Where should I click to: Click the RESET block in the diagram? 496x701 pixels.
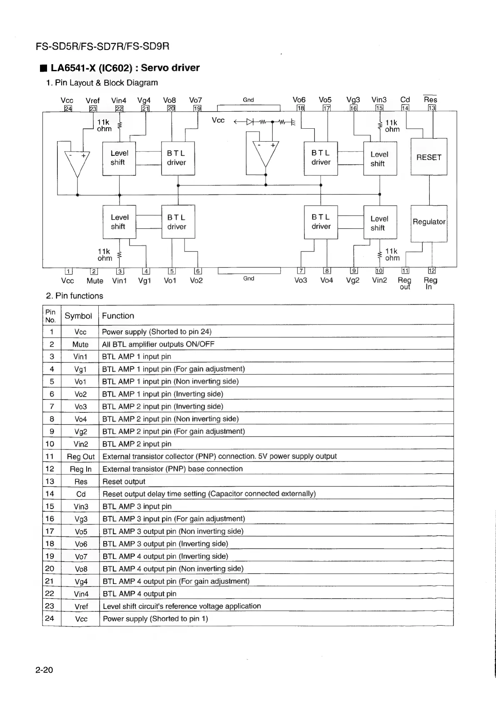429,157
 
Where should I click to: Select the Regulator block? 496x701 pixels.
429,222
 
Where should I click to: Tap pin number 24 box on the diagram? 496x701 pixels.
67,109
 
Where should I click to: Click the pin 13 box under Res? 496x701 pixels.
432,108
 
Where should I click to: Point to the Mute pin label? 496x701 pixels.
95,281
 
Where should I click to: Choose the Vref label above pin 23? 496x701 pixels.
92,100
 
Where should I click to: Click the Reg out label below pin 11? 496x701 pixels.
404,283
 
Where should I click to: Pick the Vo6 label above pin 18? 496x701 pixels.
299,100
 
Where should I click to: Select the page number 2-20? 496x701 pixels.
45,670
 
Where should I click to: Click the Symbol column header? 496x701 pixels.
78,316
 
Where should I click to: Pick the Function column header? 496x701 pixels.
118,316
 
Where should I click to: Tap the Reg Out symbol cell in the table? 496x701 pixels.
81,457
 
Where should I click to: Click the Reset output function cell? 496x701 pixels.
124,481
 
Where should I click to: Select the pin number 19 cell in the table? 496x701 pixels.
50,556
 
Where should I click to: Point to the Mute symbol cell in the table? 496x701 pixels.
80,344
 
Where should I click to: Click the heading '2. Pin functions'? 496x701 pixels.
75,296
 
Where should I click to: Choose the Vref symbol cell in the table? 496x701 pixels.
81,606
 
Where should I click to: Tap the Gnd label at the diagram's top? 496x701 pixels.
248,100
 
